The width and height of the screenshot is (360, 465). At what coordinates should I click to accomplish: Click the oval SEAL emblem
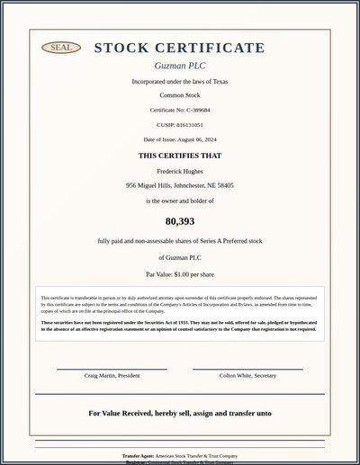[61, 48]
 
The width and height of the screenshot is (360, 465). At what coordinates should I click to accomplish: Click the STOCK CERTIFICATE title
[180, 48]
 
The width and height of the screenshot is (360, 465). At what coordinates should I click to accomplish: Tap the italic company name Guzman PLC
[180, 66]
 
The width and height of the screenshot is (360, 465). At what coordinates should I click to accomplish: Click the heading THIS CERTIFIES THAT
[180, 156]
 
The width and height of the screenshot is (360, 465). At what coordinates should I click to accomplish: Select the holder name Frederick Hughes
[180, 171]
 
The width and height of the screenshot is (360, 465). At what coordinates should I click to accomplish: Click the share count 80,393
[180, 220]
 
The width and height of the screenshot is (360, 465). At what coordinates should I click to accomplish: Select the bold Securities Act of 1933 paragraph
[180, 326]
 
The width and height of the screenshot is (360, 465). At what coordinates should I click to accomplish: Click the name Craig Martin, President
[112, 375]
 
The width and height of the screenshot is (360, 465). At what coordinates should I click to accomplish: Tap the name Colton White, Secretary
[247, 375]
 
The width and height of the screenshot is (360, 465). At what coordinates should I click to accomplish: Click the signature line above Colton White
[247, 369]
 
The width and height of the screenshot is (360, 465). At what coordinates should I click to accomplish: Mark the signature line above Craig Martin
[112, 369]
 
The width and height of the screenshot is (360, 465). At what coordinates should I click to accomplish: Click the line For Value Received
[180, 414]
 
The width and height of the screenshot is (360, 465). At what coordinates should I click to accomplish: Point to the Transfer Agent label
[139, 456]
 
